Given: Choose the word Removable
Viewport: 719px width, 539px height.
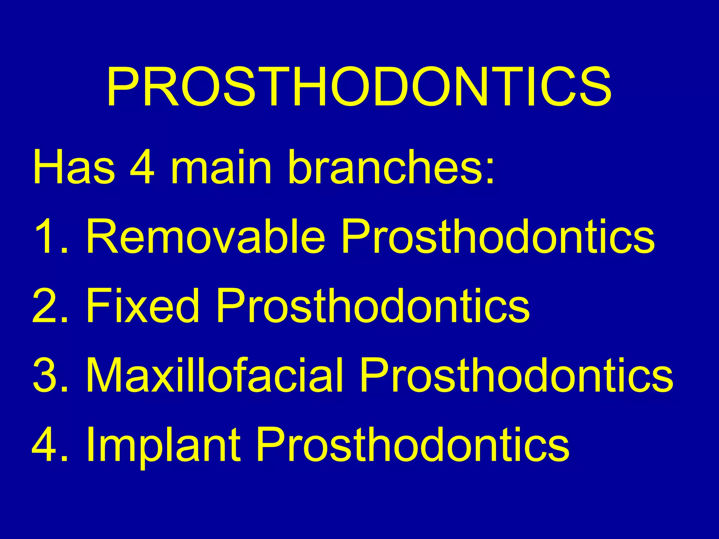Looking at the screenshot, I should tap(206, 236).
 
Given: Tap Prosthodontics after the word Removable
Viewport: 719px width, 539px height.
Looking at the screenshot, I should tap(498, 236).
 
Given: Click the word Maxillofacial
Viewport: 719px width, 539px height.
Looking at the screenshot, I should tap(215, 375).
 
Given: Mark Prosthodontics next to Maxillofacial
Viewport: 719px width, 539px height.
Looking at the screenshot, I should tap(516, 375).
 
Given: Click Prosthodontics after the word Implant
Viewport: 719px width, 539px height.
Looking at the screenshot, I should tap(413, 445).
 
